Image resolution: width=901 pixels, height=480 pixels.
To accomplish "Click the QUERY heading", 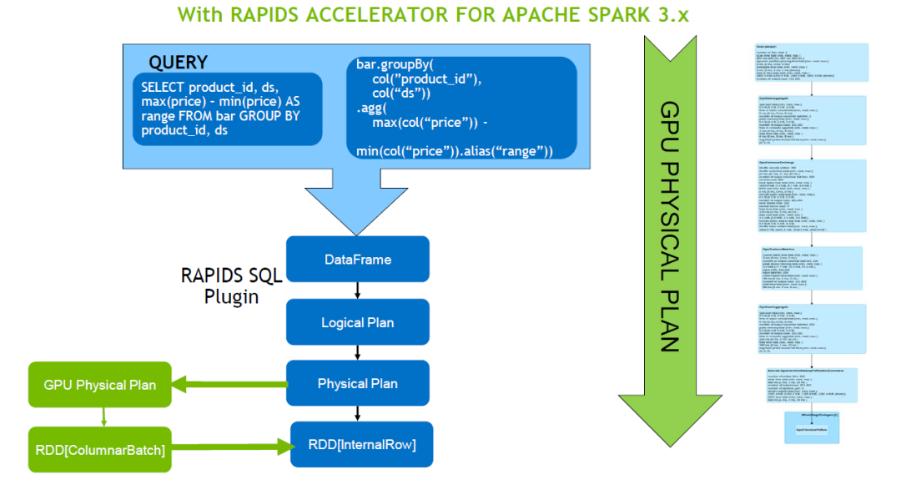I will [178, 62].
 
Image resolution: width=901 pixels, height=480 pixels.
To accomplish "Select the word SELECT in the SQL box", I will [163, 88].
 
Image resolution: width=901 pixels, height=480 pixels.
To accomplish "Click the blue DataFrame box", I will [357, 260].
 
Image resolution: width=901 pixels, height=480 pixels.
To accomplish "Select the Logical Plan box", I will [357, 322].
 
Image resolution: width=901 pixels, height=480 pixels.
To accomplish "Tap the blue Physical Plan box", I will [357, 384].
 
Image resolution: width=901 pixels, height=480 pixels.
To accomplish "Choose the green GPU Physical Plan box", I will [99, 386].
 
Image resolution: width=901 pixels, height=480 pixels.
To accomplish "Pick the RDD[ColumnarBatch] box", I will [99, 450].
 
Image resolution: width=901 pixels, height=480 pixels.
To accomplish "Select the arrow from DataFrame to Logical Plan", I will [357, 291].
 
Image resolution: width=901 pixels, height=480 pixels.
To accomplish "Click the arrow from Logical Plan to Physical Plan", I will [357, 353].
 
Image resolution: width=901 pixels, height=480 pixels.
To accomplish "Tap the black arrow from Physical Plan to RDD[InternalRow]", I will [357, 413].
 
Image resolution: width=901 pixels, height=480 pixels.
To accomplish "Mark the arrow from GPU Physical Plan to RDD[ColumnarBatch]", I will [103, 417].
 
